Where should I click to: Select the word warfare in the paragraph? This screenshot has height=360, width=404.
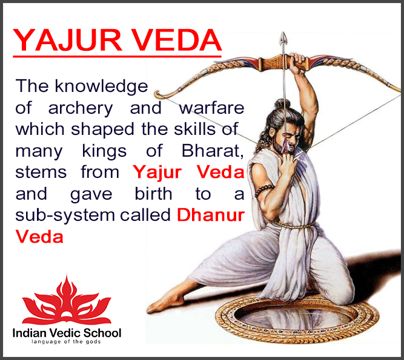[211, 108]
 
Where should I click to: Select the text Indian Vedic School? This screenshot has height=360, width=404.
[67, 333]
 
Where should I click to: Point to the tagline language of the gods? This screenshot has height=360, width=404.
[67, 342]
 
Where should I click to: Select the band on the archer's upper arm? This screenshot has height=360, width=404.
[262, 191]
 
